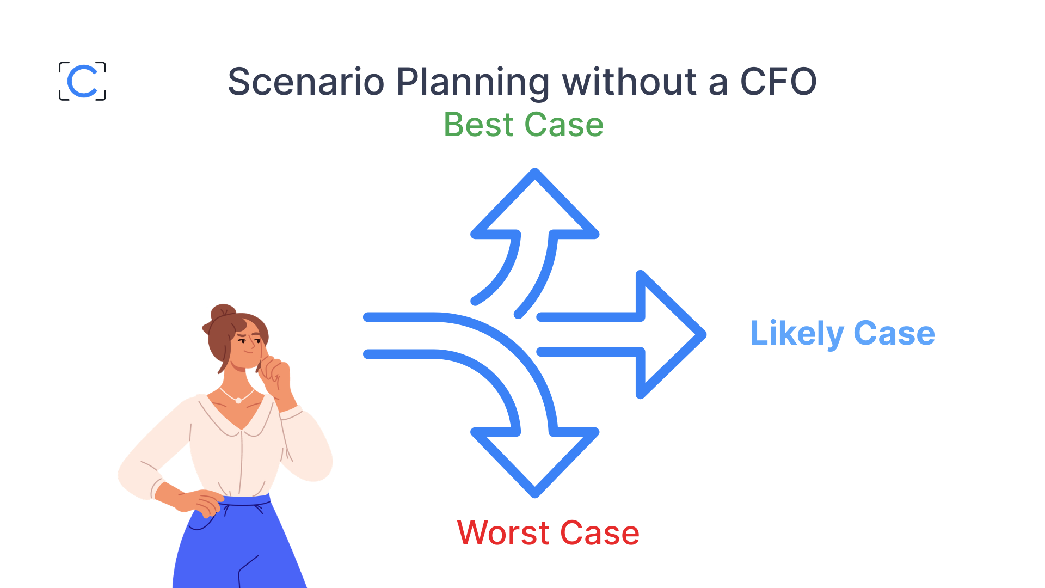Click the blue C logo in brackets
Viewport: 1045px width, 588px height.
(x=82, y=81)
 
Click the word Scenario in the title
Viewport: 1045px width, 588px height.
(x=306, y=82)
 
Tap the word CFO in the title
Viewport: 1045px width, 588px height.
(x=778, y=82)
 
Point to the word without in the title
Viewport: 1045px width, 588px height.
(x=629, y=82)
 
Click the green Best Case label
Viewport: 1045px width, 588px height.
(x=524, y=125)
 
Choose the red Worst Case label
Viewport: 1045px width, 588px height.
(x=548, y=532)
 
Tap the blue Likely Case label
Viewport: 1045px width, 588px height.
(x=842, y=333)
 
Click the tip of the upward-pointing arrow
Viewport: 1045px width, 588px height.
(x=535, y=173)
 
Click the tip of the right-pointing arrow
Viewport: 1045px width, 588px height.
(x=702, y=335)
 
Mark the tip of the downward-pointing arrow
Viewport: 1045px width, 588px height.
(x=535, y=493)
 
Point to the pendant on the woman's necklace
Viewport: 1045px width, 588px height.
(x=238, y=401)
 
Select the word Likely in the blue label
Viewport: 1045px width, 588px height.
(x=797, y=333)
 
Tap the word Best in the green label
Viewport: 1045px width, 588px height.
(x=478, y=125)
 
